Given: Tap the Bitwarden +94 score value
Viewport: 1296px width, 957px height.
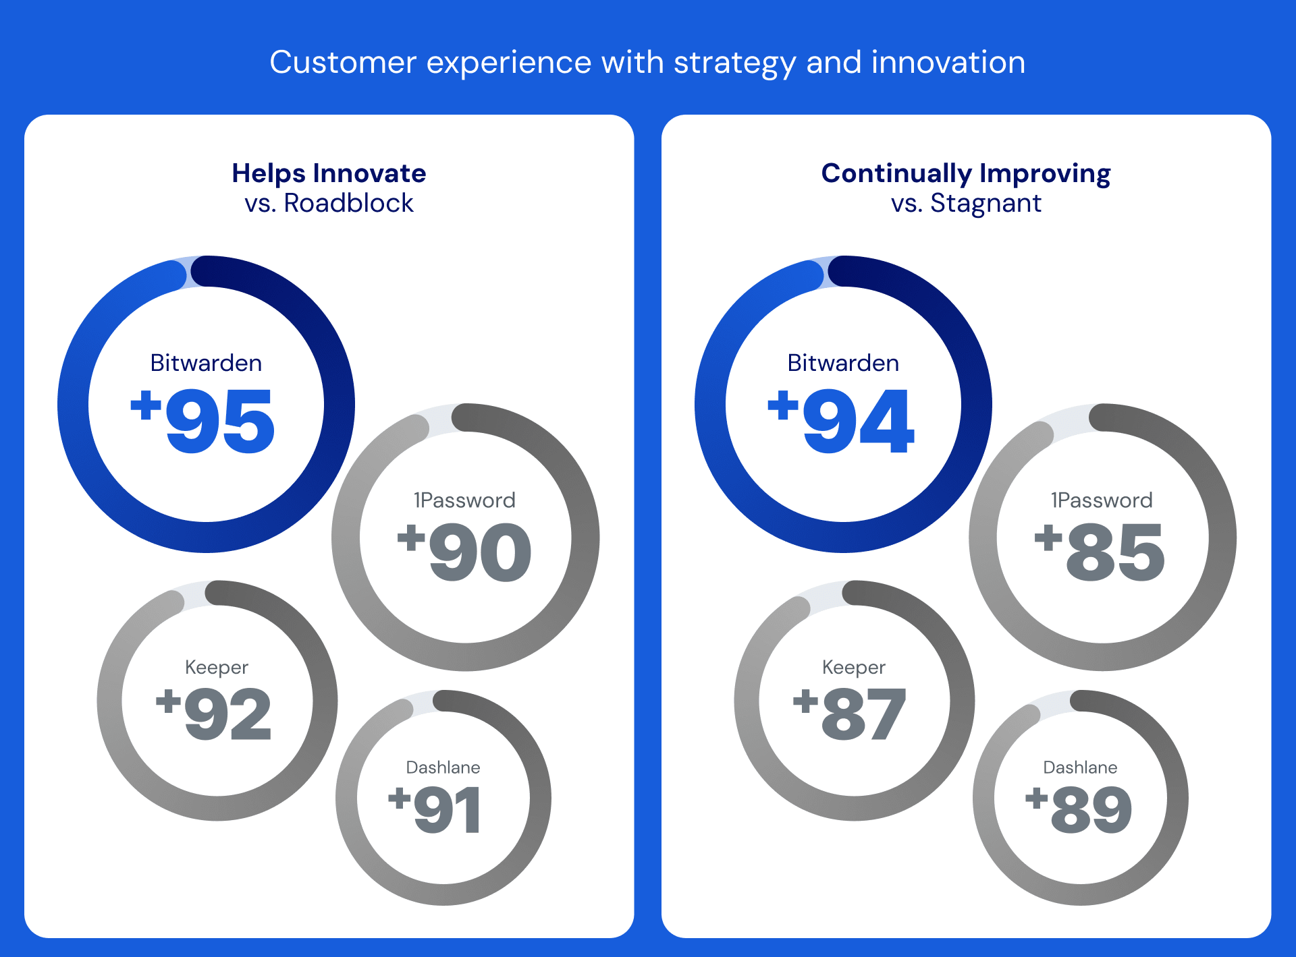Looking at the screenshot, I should pyautogui.click(x=842, y=421).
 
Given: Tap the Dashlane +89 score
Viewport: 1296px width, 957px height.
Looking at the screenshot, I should pyautogui.click(x=1079, y=809).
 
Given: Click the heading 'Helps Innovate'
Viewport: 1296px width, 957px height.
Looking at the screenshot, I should pyautogui.click(x=329, y=173).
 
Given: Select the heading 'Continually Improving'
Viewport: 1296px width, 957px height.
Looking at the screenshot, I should pyautogui.click(x=966, y=173).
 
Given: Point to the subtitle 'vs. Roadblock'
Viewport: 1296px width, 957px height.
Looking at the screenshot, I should pyautogui.click(x=329, y=203).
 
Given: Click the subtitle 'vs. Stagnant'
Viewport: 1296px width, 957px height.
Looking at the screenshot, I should pyautogui.click(x=966, y=203).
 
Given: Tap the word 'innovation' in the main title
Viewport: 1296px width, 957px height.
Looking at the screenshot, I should pyautogui.click(x=948, y=62).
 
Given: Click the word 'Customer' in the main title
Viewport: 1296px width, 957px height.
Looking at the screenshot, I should pyautogui.click(x=343, y=62).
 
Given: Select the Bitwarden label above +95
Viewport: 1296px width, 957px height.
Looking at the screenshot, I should pyautogui.click(x=206, y=363).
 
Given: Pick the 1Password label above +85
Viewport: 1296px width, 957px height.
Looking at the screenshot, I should pyautogui.click(x=1102, y=500).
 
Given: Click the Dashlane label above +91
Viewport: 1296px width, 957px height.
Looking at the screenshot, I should pyautogui.click(x=443, y=767).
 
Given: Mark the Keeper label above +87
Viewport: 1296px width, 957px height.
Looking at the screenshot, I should pyautogui.click(x=853, y=667).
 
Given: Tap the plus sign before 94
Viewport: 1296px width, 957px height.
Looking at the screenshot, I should pyautogui.click(x=783, y=405).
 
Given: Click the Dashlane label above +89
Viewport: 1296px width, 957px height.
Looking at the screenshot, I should pyautogui.click(x=1080, y=767).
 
